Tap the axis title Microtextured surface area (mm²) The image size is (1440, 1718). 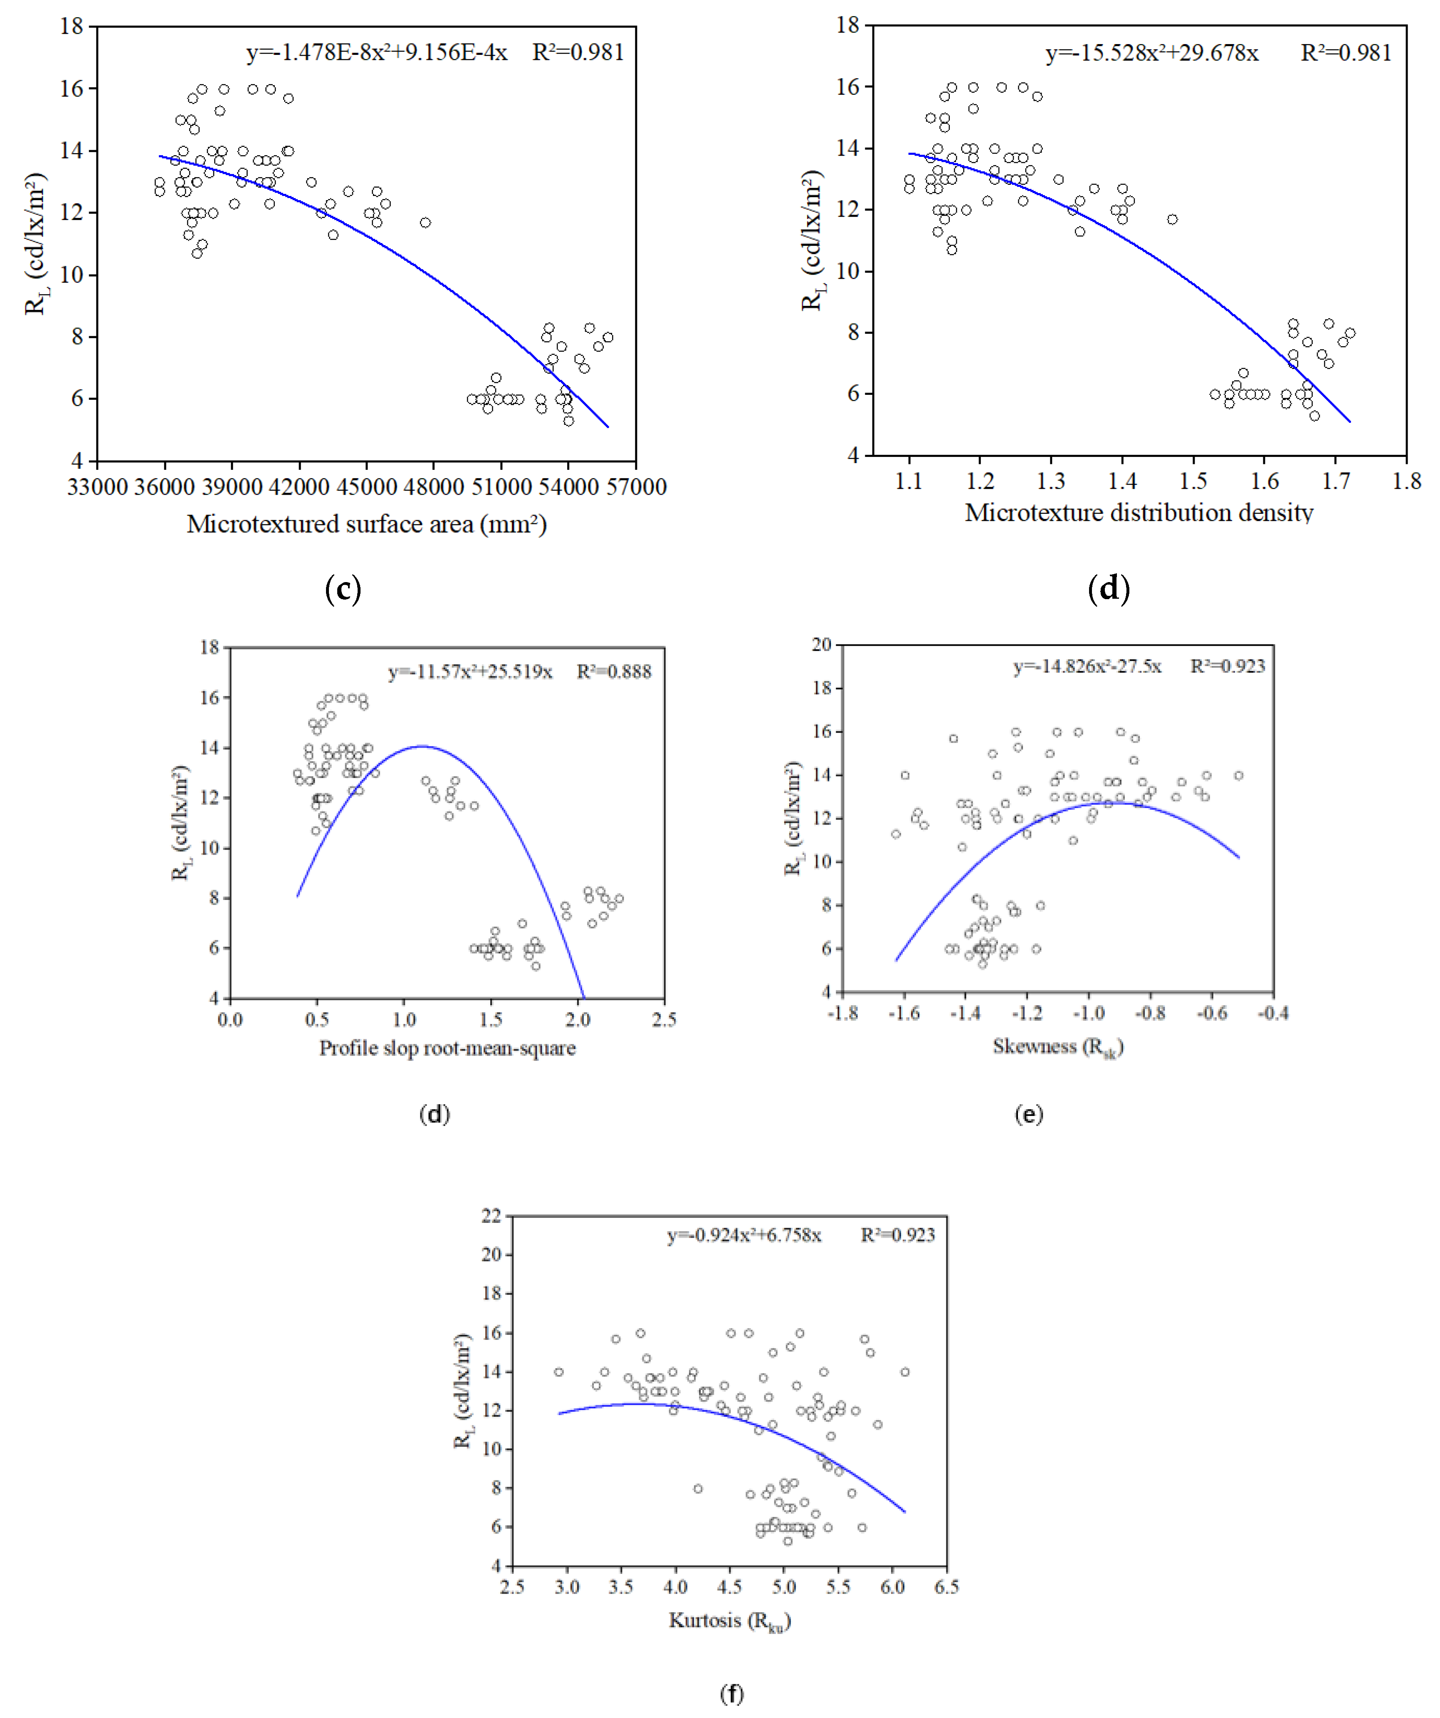366,524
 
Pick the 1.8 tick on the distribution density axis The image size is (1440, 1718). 1406,481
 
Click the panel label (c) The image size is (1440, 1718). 343,589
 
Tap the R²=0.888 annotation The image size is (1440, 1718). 613,672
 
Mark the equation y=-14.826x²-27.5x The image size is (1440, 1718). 1087,667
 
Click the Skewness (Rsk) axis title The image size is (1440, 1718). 1057,1047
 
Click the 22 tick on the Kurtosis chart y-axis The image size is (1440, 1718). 492,1217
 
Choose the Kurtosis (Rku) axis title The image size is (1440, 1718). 729,1621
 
